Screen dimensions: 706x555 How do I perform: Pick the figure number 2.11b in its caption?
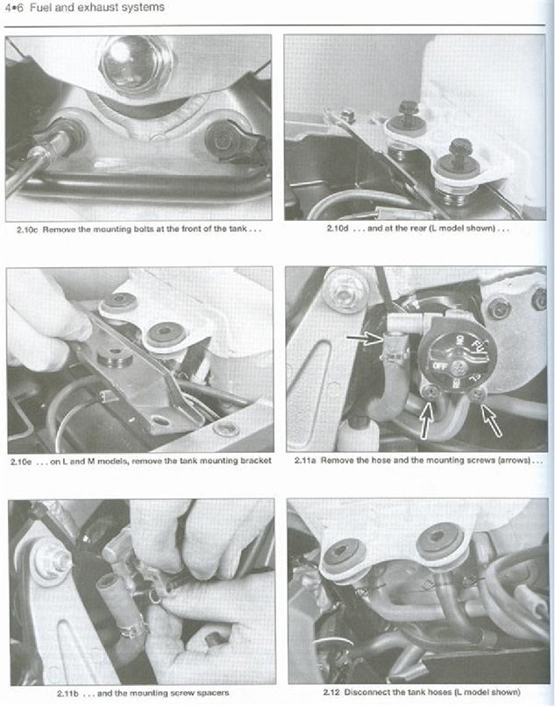(x=32, y=693)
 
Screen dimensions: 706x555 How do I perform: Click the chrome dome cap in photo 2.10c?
(x=137, y=61)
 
